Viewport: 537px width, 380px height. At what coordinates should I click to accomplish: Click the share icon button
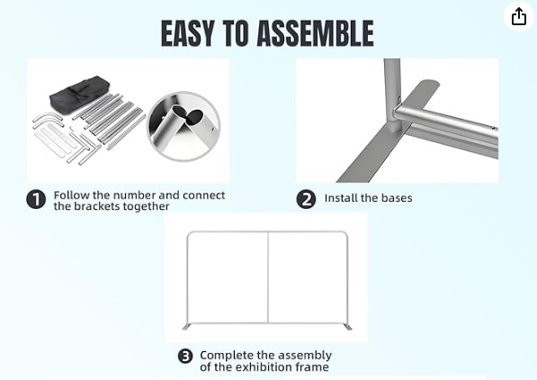coord(518,16)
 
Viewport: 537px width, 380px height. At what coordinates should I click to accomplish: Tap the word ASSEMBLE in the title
coord(315,33)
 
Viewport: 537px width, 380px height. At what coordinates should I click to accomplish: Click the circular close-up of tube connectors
coord(183,126)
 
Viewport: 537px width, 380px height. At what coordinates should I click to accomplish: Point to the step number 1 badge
coord(36,199)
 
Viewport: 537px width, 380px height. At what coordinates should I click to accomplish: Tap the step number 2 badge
coord(306,199)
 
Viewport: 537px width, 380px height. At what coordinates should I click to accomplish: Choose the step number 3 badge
coord(185,357)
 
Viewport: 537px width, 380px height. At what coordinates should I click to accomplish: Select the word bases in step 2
coord(397,198)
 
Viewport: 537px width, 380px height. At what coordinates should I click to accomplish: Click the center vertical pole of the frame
coord(268,277)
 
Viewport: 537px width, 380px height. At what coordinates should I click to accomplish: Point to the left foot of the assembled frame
coord(187,327)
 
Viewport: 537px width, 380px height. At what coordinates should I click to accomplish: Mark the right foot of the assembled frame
coord(347,327)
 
